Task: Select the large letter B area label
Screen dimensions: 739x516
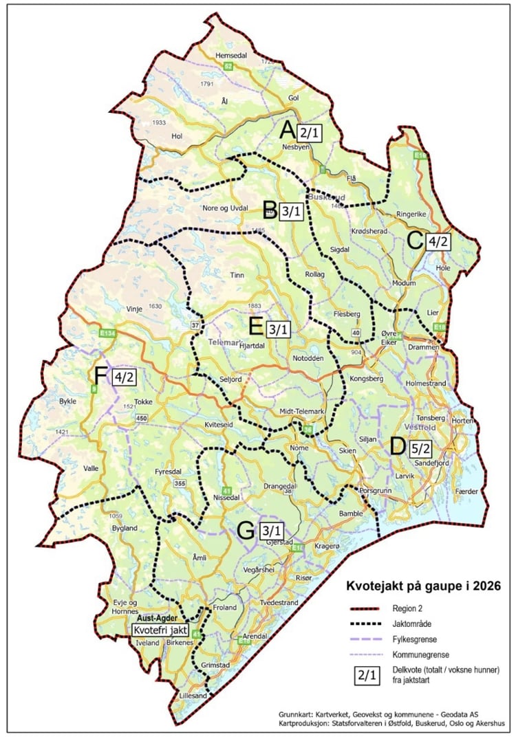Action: click(270, 209)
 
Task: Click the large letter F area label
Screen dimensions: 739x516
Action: click(101, 377)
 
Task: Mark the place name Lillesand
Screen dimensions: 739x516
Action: click(193, 696)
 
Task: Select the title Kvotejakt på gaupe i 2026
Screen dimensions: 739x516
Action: click(421, 587)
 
